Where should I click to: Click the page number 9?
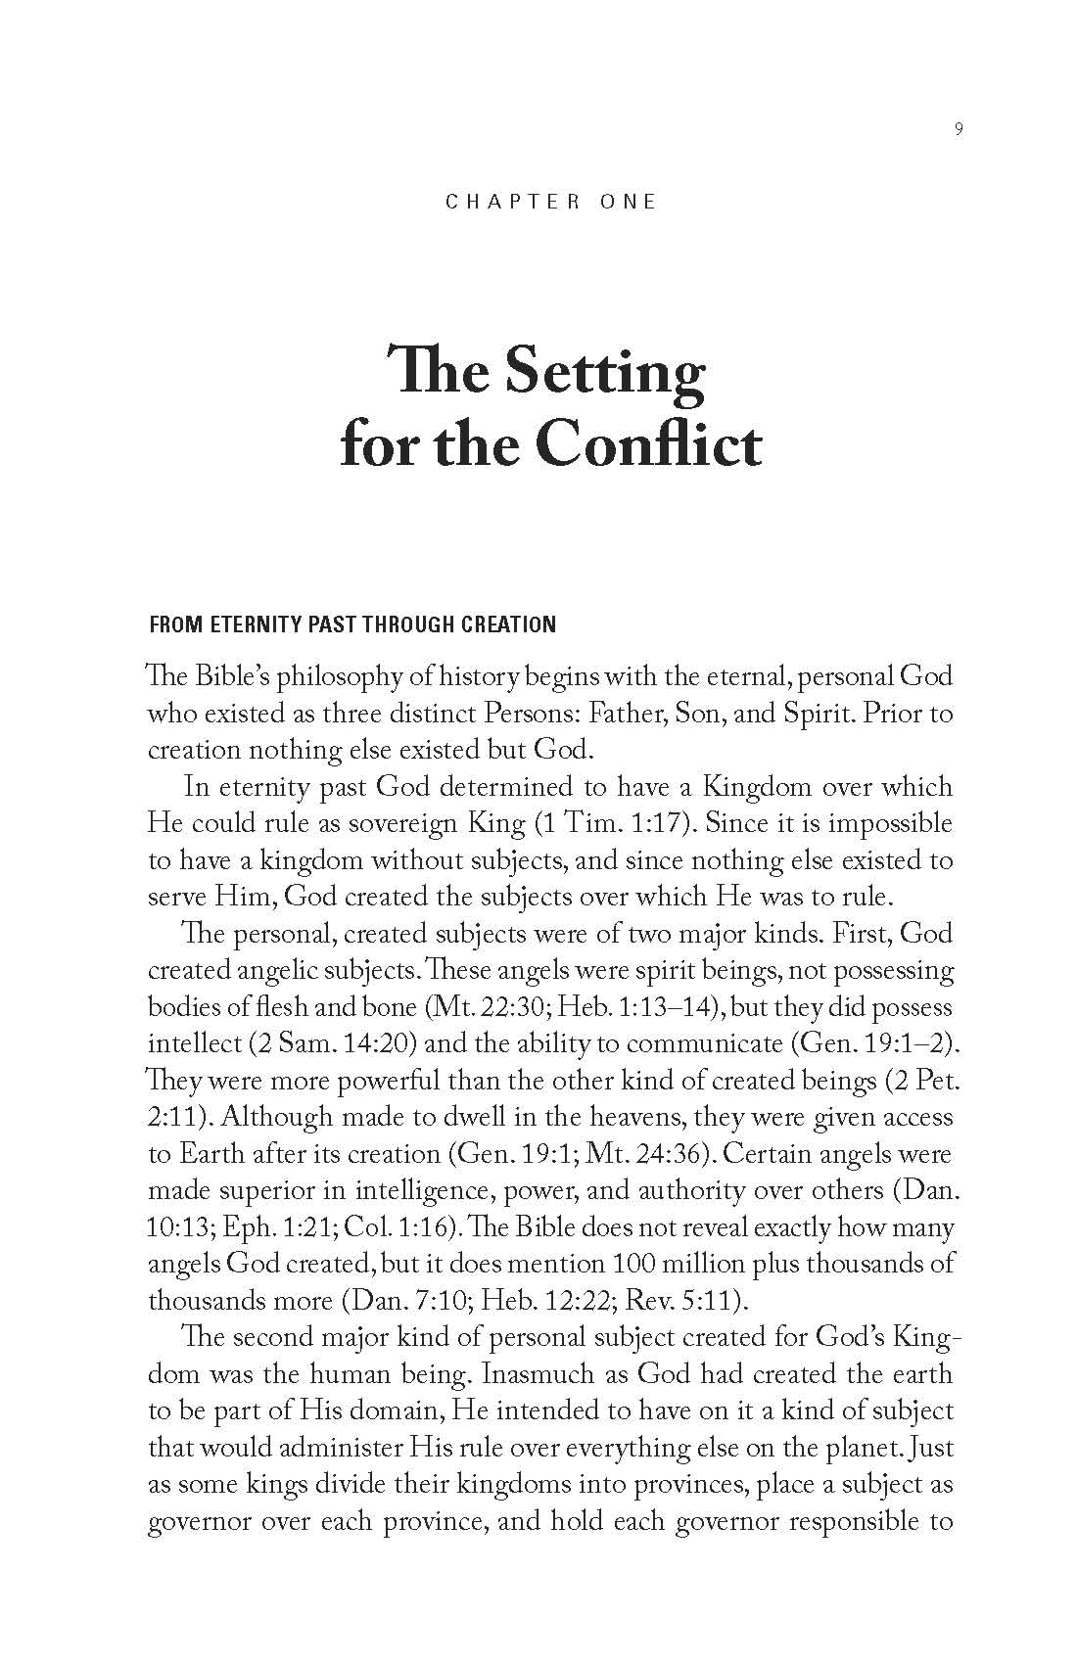[958, 129]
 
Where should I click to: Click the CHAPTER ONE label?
[550, 202]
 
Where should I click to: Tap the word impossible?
[893, 823]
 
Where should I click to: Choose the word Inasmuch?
[539, 1374]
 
